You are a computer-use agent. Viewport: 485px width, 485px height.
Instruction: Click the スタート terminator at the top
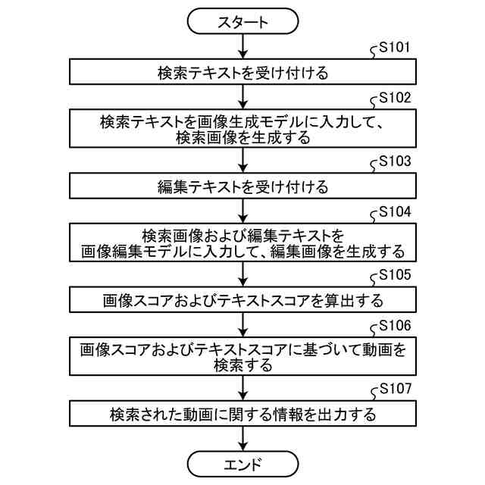[242, 22]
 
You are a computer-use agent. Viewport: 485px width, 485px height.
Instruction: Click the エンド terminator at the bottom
[242, 464]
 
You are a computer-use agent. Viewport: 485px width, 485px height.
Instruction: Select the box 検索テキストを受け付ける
[242, 73]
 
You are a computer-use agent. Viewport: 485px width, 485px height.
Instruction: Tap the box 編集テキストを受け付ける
[242, 186]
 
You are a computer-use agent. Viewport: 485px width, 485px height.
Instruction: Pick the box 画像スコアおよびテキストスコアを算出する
[242, 299]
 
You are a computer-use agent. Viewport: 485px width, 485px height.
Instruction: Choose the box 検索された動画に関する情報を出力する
[242, 414]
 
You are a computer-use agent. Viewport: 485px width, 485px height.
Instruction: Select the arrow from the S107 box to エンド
[242, 438]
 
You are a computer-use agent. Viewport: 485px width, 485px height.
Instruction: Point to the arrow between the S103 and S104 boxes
[242, 210]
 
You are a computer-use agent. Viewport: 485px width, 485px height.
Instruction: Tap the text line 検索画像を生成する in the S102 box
[242, 138]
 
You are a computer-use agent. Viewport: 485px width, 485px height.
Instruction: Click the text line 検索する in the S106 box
[242, 365]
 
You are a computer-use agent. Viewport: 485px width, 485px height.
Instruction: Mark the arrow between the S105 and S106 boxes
[242, 324]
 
